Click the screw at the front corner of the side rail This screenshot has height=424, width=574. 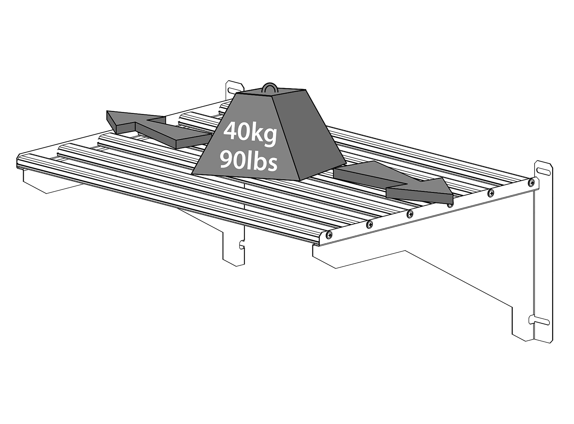330,234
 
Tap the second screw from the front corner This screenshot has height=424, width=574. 370,224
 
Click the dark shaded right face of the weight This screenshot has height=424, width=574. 310,133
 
